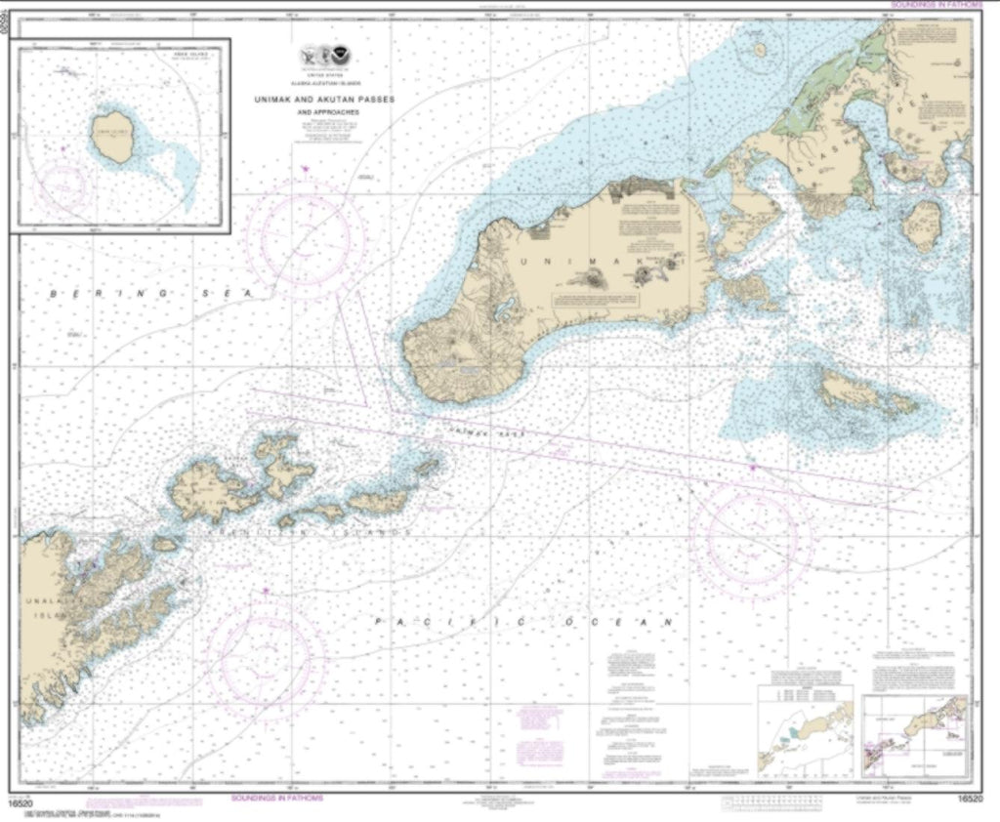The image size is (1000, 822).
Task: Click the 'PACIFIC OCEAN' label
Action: tap(524, 621)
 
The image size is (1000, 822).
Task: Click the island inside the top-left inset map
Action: tap(115, 136)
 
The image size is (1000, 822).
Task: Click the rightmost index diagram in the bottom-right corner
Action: tap(914, 735)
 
